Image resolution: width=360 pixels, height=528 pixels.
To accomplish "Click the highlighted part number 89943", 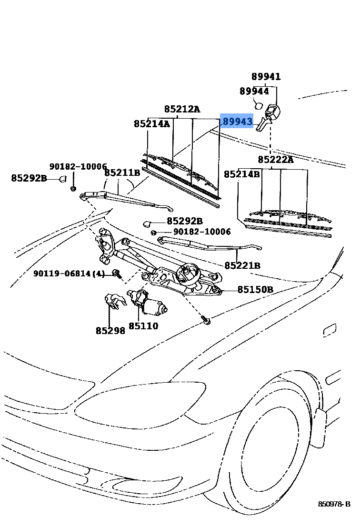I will point(237,122).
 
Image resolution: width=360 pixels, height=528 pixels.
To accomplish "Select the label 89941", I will point(266,76).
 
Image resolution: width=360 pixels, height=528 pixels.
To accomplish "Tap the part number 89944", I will point(254,91).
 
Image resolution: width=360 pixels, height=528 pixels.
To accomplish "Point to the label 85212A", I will point(182,109).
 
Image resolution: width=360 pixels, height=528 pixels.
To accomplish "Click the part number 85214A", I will point(151,124).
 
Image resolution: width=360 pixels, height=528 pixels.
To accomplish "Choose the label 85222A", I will point(276,159).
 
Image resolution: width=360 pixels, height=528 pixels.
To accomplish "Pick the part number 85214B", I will point(242,174).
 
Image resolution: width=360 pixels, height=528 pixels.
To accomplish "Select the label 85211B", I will point(122,173).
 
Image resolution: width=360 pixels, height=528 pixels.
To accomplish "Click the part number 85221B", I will point(242,265).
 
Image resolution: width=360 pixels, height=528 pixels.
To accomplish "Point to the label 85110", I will point(143,326).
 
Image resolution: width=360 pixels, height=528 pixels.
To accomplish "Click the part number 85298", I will point(110,330).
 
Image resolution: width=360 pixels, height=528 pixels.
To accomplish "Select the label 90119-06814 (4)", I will point(69,274).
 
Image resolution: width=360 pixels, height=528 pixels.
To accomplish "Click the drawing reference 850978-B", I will point(334,504).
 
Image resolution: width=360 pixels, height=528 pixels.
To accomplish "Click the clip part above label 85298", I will point(114,301).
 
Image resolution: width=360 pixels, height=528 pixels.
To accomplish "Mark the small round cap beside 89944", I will point(259,104).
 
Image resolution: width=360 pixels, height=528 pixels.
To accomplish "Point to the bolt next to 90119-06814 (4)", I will point(117,274).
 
